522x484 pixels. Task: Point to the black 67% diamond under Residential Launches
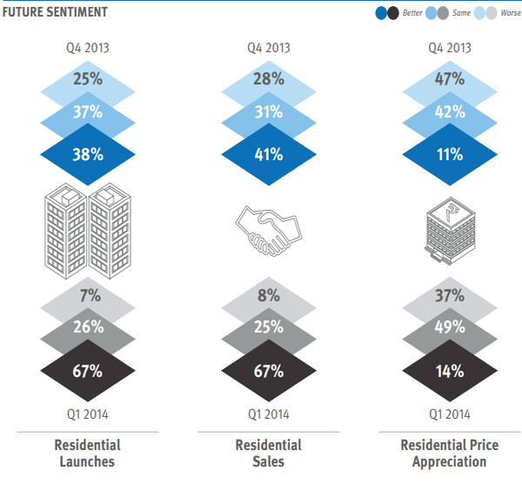coord(87,372)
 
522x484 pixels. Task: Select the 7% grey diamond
coord(87,297)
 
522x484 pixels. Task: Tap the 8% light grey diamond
coord(268,297)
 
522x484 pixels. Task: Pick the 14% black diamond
coord(449,372)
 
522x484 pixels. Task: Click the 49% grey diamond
coord(449,328)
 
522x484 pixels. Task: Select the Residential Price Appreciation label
coord(449,453)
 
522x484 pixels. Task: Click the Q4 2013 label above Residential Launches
coord(87,48)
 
